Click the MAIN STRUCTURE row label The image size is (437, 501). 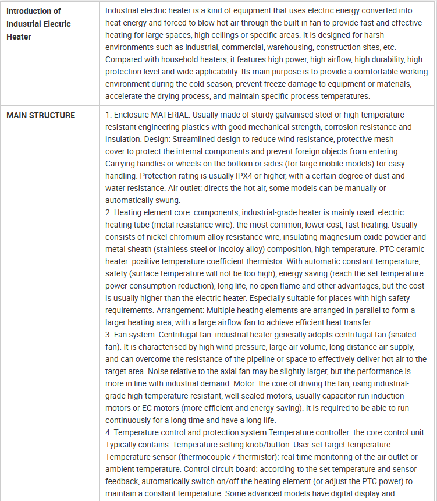41,115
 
